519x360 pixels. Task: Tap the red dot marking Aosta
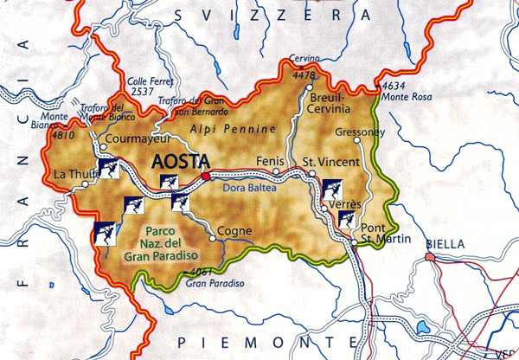(205, 177)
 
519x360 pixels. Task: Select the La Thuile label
(74, 175)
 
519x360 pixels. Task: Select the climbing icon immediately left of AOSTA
(170, 180)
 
